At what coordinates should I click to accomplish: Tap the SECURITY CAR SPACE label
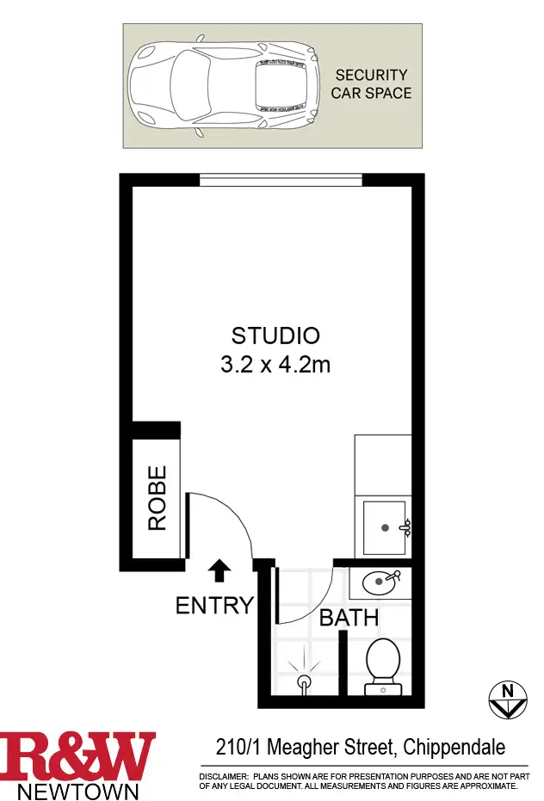pyautogui.click(x=371, y=84)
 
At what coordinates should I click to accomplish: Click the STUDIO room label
pyautogui.click(x=275, y=336)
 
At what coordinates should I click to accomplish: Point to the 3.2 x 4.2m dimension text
pyautogui.click(x=275, y=364)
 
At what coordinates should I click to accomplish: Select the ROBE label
pyautogui.click(x=157, y=498)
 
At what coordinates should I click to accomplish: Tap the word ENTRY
pyautogui.click(x=214, y=605)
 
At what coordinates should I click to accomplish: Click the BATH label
pyautogui.click(x=349, y=618)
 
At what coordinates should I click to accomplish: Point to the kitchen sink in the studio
pyautogui.click(x=385, y=527)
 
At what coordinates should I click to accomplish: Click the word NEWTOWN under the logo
pyautogui.click(x=78, y=790)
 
